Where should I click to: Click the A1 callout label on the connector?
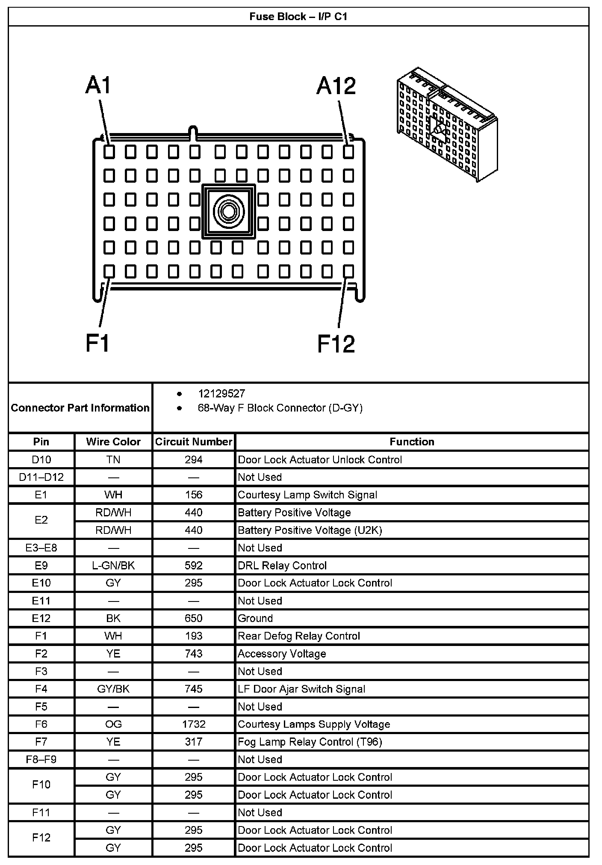pyautogui.click(x=98, y=85)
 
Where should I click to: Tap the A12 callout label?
pyautogui.click(x=336, y=86)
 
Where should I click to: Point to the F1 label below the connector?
pyautogui.click(x=98, y=343)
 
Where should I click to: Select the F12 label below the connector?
pyautogui.click(x=336, y=344)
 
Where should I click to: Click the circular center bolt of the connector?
pyautogui.click(x=228, y=211)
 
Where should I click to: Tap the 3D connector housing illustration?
pyautogui.click(x=446, y=124)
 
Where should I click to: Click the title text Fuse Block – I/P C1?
pyautogui.click(x=298, y=17)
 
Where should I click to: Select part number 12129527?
pyautogui.click(x=221, y=394)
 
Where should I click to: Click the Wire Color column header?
pyautogui.click(x=113, y=442)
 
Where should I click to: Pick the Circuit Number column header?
pyautogui.click(x=194, y=442)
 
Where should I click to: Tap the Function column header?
pyautogui.click(x=412, y=442)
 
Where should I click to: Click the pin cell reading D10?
pyautogui.click(x=41, y=460)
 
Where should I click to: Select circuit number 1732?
pyautogui.click(x=194, y=724)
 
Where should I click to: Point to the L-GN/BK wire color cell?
pyautogui.click(x=113, y=566)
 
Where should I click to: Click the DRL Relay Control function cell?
pyautogui.click(x=282, y=566)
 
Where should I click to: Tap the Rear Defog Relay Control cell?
pyautogui.click(x=299, y=636)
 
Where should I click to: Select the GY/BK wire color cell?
pyautogui.click(x=113, y=689)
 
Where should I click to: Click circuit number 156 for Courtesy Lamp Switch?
pyautogui.click(x=194, y=495)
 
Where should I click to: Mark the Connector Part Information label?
pyautogui.click(x=80, y=408)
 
